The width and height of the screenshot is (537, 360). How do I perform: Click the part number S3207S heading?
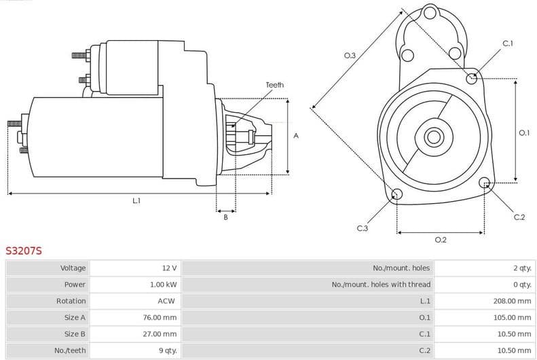click(x=24, y=251)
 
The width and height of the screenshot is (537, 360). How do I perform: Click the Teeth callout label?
click(x=275, y=85)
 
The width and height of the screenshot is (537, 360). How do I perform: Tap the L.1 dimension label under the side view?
click(x=136, y=200)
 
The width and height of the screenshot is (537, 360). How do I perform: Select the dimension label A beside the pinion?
click(x=296, y=136)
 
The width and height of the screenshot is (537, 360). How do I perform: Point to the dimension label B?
click(x=225, y=217)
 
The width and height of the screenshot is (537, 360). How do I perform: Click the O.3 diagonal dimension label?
click(x=350, y=55)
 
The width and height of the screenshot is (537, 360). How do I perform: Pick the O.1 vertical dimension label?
click(x=523, y=133)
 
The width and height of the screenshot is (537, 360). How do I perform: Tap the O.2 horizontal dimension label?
click(x=440, y=240)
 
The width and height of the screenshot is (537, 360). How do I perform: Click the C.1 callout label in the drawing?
click(x=507, y=43)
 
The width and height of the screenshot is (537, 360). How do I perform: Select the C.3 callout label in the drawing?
click(x=362, y=228)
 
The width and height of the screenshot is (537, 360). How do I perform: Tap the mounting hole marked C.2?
click(x=485, y=183)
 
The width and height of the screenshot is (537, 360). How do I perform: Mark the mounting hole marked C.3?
click(x=397, y=196)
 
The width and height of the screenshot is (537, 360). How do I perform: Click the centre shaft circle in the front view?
click(x=433, y=137)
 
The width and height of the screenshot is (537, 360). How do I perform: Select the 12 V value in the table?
click(x=169, y=268)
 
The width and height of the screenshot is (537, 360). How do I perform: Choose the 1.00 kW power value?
click(x=163, y=285)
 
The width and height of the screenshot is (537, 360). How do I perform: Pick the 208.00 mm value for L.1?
click(x=512, y=301)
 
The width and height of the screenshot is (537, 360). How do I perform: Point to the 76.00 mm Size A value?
click(x=161, y=317)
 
